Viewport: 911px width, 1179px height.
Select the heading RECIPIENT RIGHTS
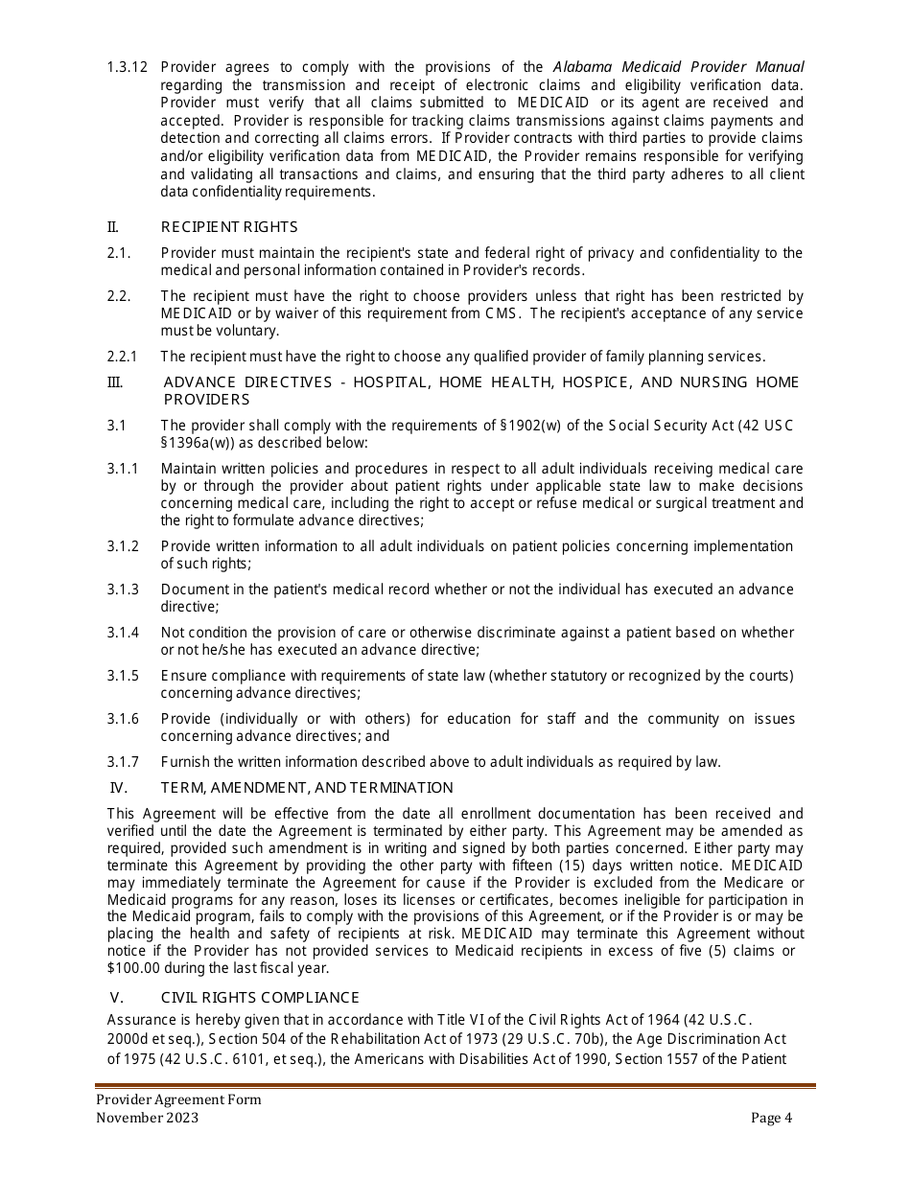[229, 227]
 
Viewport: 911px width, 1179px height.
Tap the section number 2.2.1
[123, 357]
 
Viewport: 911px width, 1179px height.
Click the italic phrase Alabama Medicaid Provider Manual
[679, 67]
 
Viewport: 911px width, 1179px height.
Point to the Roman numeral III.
[114, 382]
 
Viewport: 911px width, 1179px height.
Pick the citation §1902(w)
[531, 426]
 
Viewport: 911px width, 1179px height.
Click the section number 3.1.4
[123, 633]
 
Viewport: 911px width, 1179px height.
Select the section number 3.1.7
[123, 762]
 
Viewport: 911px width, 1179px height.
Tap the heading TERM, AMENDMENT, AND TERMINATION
[307, 788]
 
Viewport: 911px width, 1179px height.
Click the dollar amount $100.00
[134, 968]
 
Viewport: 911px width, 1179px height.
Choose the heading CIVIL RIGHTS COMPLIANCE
[260, 998]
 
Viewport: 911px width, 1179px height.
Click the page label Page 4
[772, 1118]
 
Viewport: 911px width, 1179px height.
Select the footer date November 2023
[148, 1118]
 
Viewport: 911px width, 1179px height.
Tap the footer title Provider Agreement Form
[178, 1100]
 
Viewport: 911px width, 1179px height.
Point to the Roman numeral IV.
[120, 788]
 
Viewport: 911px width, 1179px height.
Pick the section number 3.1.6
[123, 719]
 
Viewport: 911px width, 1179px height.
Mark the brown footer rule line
[455, 1086]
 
